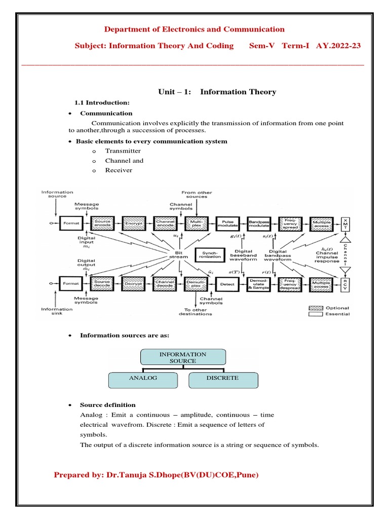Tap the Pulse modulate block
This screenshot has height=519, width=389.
228,223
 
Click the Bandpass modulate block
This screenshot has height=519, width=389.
258,223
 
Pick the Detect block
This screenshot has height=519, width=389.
227,284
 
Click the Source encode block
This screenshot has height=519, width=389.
102,223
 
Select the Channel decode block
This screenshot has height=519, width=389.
164,284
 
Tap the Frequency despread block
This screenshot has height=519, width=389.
290,284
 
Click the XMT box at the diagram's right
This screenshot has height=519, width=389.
345,223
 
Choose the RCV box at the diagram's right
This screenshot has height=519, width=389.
345,284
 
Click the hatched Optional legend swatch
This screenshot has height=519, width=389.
316,308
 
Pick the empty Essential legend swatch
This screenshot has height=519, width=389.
316,314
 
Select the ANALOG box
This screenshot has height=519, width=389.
143,378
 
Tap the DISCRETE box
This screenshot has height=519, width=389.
223,378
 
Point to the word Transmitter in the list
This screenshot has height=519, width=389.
123,151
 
